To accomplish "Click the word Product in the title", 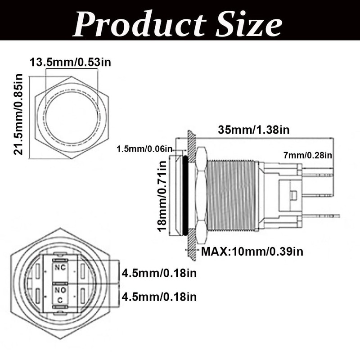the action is click(x=139, y=24).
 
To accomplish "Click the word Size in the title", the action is click(x=249, y=24).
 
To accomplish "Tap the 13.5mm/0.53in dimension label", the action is click(x=70, y=62).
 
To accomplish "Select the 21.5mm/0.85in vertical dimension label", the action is click(x=18, y=114).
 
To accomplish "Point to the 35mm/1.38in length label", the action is click(x=254, y=130).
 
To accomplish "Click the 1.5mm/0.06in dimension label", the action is click(x=144, y=149).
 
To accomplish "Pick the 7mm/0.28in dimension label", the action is click(x=308, y=155).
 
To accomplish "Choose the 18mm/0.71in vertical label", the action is click(x=162, y=196).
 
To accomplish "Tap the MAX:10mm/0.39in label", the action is click(x=252, y=252).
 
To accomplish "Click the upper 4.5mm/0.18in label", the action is click(x=159, y=273).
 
